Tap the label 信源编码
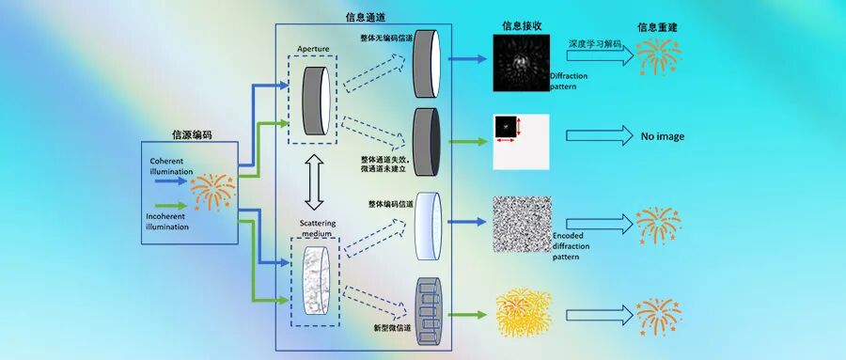pos(192,134)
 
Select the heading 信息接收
pos(520,27)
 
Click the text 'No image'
pos(663,136)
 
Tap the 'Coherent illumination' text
pos(171,165)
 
